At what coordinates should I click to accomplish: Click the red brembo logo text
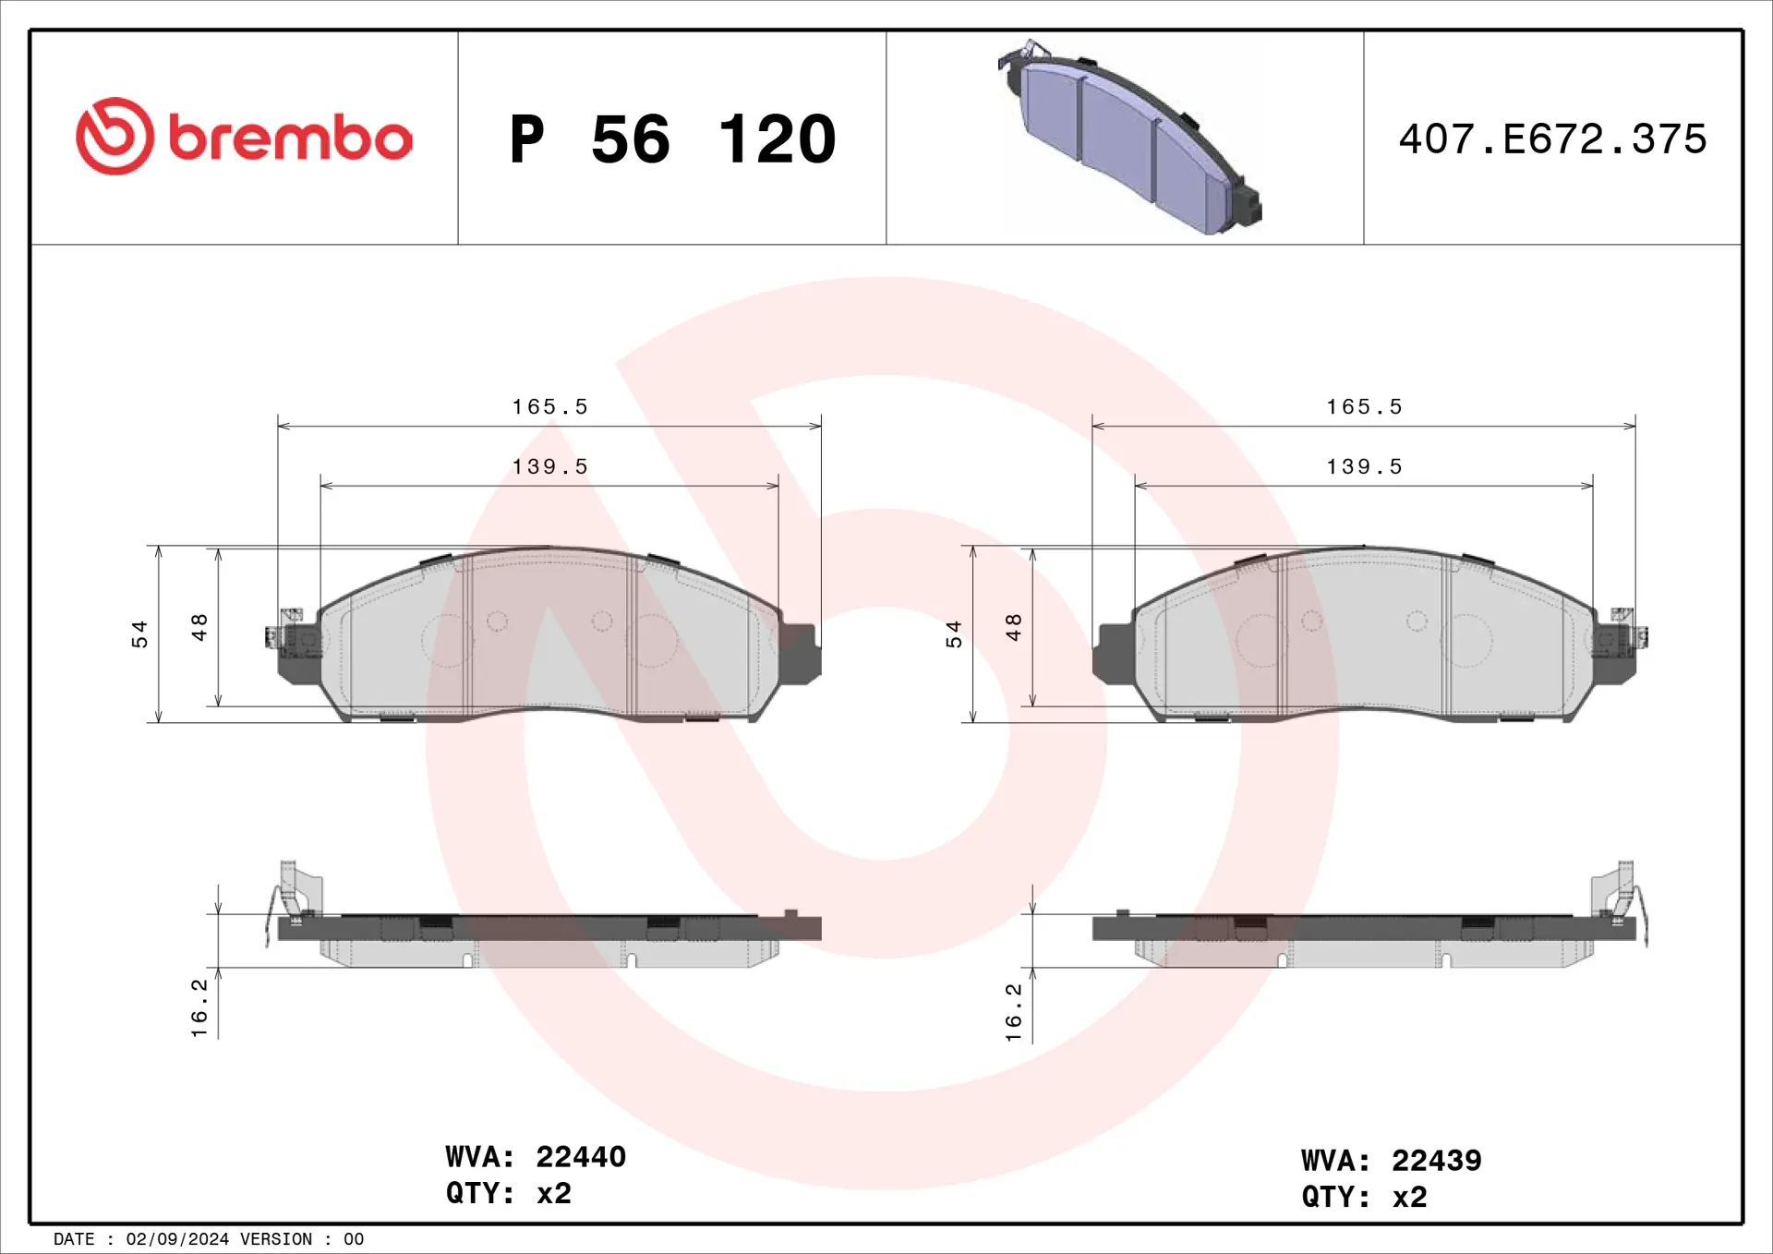click(x=290, y=138)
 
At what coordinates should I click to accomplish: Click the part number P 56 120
click(x=672, y=139)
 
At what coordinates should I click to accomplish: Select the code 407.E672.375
click(x=1552, y=139)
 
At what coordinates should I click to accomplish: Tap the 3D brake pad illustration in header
click(x=1128, y=137)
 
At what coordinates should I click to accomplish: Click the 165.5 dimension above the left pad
click(x=549, y=407)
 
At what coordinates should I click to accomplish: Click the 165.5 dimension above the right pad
click(x=1364, y=407)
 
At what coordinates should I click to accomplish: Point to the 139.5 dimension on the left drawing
click(x=549, y=467)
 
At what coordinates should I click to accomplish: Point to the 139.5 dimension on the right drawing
click(x=1364, y=467)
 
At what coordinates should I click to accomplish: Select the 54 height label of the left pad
click(x=139, y=633)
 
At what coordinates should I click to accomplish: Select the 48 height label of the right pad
click(x=1014, y=627)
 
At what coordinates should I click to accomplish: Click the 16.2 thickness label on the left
click(x=199, y=1007)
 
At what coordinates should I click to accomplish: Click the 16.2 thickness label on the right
click(x=1014, y=1012)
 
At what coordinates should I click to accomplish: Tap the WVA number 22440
click(x=581, y=1156)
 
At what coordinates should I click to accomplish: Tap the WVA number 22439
click(x=1436, y=1160)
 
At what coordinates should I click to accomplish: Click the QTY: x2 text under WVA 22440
click(x=509, y=1193)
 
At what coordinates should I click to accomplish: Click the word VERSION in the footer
click(x=276, y=1239)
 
